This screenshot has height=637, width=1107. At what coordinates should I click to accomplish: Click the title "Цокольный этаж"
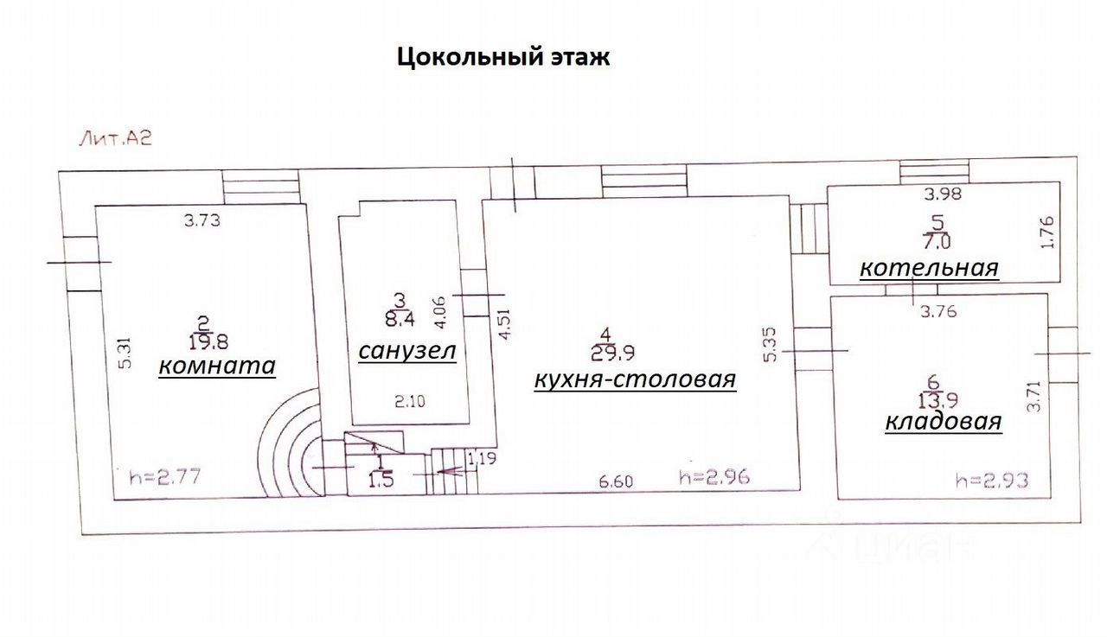503,58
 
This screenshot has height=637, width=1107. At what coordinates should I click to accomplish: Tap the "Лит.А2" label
116,138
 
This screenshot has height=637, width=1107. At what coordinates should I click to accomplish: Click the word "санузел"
406,351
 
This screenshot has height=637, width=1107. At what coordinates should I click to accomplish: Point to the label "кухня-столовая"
635,379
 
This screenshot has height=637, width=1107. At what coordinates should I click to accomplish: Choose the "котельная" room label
929,268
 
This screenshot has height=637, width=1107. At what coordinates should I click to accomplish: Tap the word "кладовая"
944,422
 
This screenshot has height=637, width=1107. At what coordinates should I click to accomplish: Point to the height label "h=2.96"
713,476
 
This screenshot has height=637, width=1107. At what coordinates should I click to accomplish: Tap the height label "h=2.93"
992,481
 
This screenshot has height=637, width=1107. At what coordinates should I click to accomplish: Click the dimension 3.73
202,220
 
